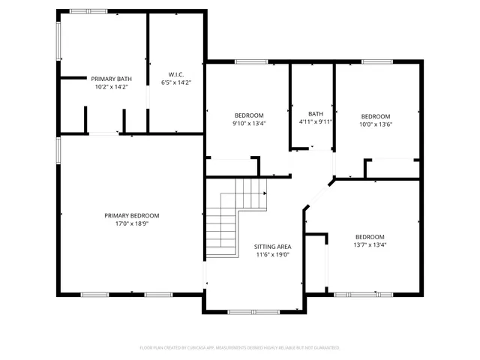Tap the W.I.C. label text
(x=176, y=74)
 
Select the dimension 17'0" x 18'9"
(x=131, y=223)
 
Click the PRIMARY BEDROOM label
(x=131, y=215)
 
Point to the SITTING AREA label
(x=272, y=246)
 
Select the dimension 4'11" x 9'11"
(x=315, y=121)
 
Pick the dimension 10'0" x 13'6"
(x=376, y=124)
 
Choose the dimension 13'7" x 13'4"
(x=370, y=244)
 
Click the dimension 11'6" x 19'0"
(x=272, y=254)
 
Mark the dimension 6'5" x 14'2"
(x=176, y=82)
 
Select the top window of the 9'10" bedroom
(x=247, y=61)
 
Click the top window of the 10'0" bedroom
(x=373, y=61)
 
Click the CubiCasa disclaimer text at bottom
(x=240, y=348)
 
